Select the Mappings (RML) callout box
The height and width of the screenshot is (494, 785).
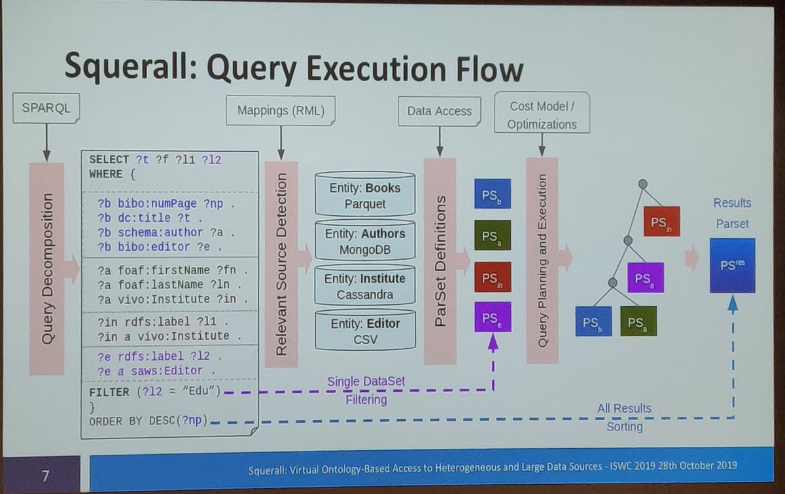pyautogui.click(x=281, y=111)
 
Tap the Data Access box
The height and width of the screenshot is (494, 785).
pyautogui.click(x=440, y=111)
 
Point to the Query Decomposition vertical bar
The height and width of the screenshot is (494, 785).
pyautogui.click(x=46, y=268)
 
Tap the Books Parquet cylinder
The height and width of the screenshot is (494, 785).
pyautogui.click(x=364, y=194)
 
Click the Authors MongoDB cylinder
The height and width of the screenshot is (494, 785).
pyautogui.click(x=364, y=241)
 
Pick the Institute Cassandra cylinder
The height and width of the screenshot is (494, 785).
pyautogui.click(x=364, y=286)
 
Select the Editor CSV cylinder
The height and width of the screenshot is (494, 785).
pyautogui.click(x=364, y=330)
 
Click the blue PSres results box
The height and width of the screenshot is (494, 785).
pyautogui.click(x=732, y=266)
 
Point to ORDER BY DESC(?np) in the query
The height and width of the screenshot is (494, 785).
pyautogui.click(x=148, y=421)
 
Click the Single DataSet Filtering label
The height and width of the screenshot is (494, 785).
pyautogui.click(x=366, y=390)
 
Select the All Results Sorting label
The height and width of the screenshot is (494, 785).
pyautogui.click(x=624, y=417)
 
